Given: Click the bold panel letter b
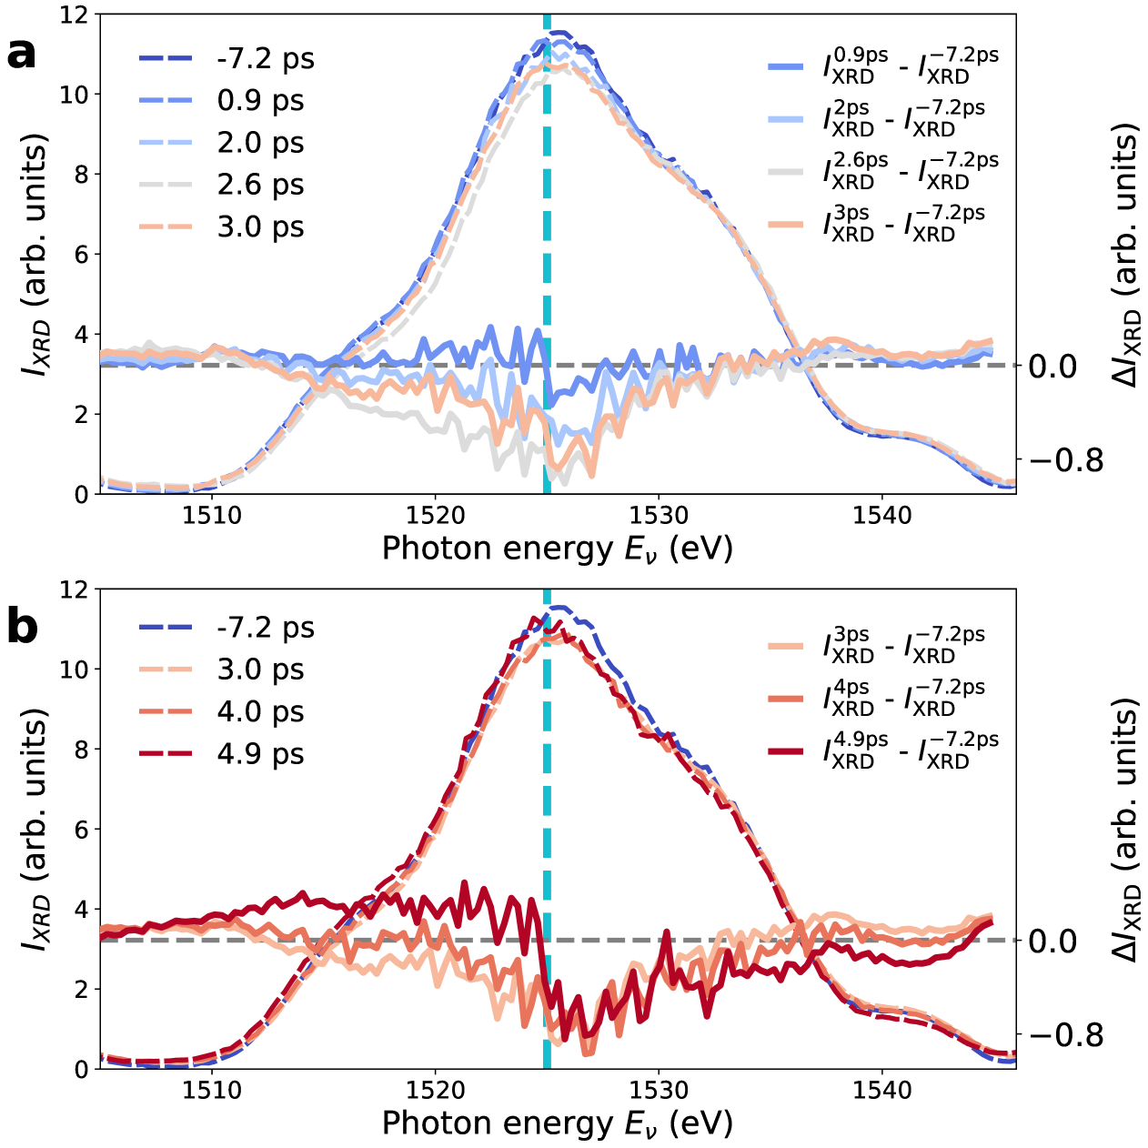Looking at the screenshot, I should point(22,629).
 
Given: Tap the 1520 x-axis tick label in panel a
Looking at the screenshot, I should point(435,516).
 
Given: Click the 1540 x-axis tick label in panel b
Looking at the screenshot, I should point(881,1091).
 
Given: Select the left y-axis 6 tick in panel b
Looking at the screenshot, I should point(81,830).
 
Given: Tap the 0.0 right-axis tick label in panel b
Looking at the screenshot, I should point(1052,941).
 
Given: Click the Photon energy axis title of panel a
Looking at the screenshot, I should point(557,549).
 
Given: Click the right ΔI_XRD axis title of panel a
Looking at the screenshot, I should point(1125,255).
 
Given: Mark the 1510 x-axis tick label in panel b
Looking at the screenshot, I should point(212,1091).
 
